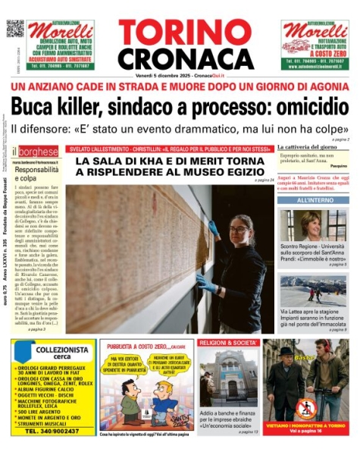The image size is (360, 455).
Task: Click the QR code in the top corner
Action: (x=15, y=28)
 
